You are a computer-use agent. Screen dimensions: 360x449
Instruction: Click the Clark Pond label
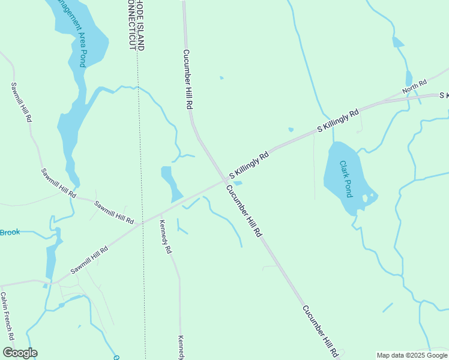(x=346, y=178)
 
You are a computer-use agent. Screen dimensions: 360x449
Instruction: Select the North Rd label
(x=414, y=86)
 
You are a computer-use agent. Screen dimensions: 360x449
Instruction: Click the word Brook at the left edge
(x=10, y=232)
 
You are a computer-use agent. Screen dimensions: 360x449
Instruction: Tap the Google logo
(x=20, y=353)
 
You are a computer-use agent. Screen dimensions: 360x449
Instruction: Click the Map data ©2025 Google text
(x=412, y=355)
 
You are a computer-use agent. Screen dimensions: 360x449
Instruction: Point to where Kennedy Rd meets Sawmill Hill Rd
(x=160, y=214)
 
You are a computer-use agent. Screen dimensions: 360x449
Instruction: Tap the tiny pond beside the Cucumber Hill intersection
(x=237, y=184)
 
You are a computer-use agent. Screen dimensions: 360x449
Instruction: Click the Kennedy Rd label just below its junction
(x=165, y=236)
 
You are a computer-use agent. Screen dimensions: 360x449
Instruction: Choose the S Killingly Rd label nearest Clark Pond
(x=337, y=121)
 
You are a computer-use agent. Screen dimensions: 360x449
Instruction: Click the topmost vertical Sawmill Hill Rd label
(x=21, y=103)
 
